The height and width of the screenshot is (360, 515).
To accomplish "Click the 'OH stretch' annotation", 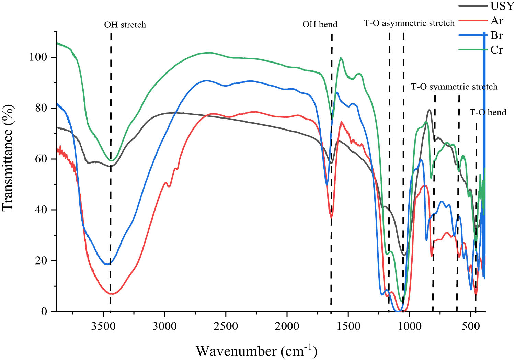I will pyautogui.click(x=125, y=25).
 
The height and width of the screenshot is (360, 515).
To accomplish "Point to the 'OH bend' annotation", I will pyautogui.click(x=320, y=24).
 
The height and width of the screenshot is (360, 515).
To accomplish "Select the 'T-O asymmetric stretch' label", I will pyautogui.click(x=409, y=23).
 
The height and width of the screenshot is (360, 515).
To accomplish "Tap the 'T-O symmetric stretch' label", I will pyautogui.click(x=454, y=87).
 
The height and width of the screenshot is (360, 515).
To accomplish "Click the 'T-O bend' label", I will pyautogui.click(x=488, y=112).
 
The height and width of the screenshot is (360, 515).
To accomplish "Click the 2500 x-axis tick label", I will pyautogui.click(x=226, y=326).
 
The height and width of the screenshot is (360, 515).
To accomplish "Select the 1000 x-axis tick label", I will pyautogui.click(x=410, y=326).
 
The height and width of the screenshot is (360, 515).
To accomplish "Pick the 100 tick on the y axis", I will pyautogui.click(x=38, y=57).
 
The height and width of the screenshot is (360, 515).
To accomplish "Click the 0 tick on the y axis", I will pyautogui.click(x=44, y=312).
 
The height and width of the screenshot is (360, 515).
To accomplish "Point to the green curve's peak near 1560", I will pyautogui.click(x=341, y=58).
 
